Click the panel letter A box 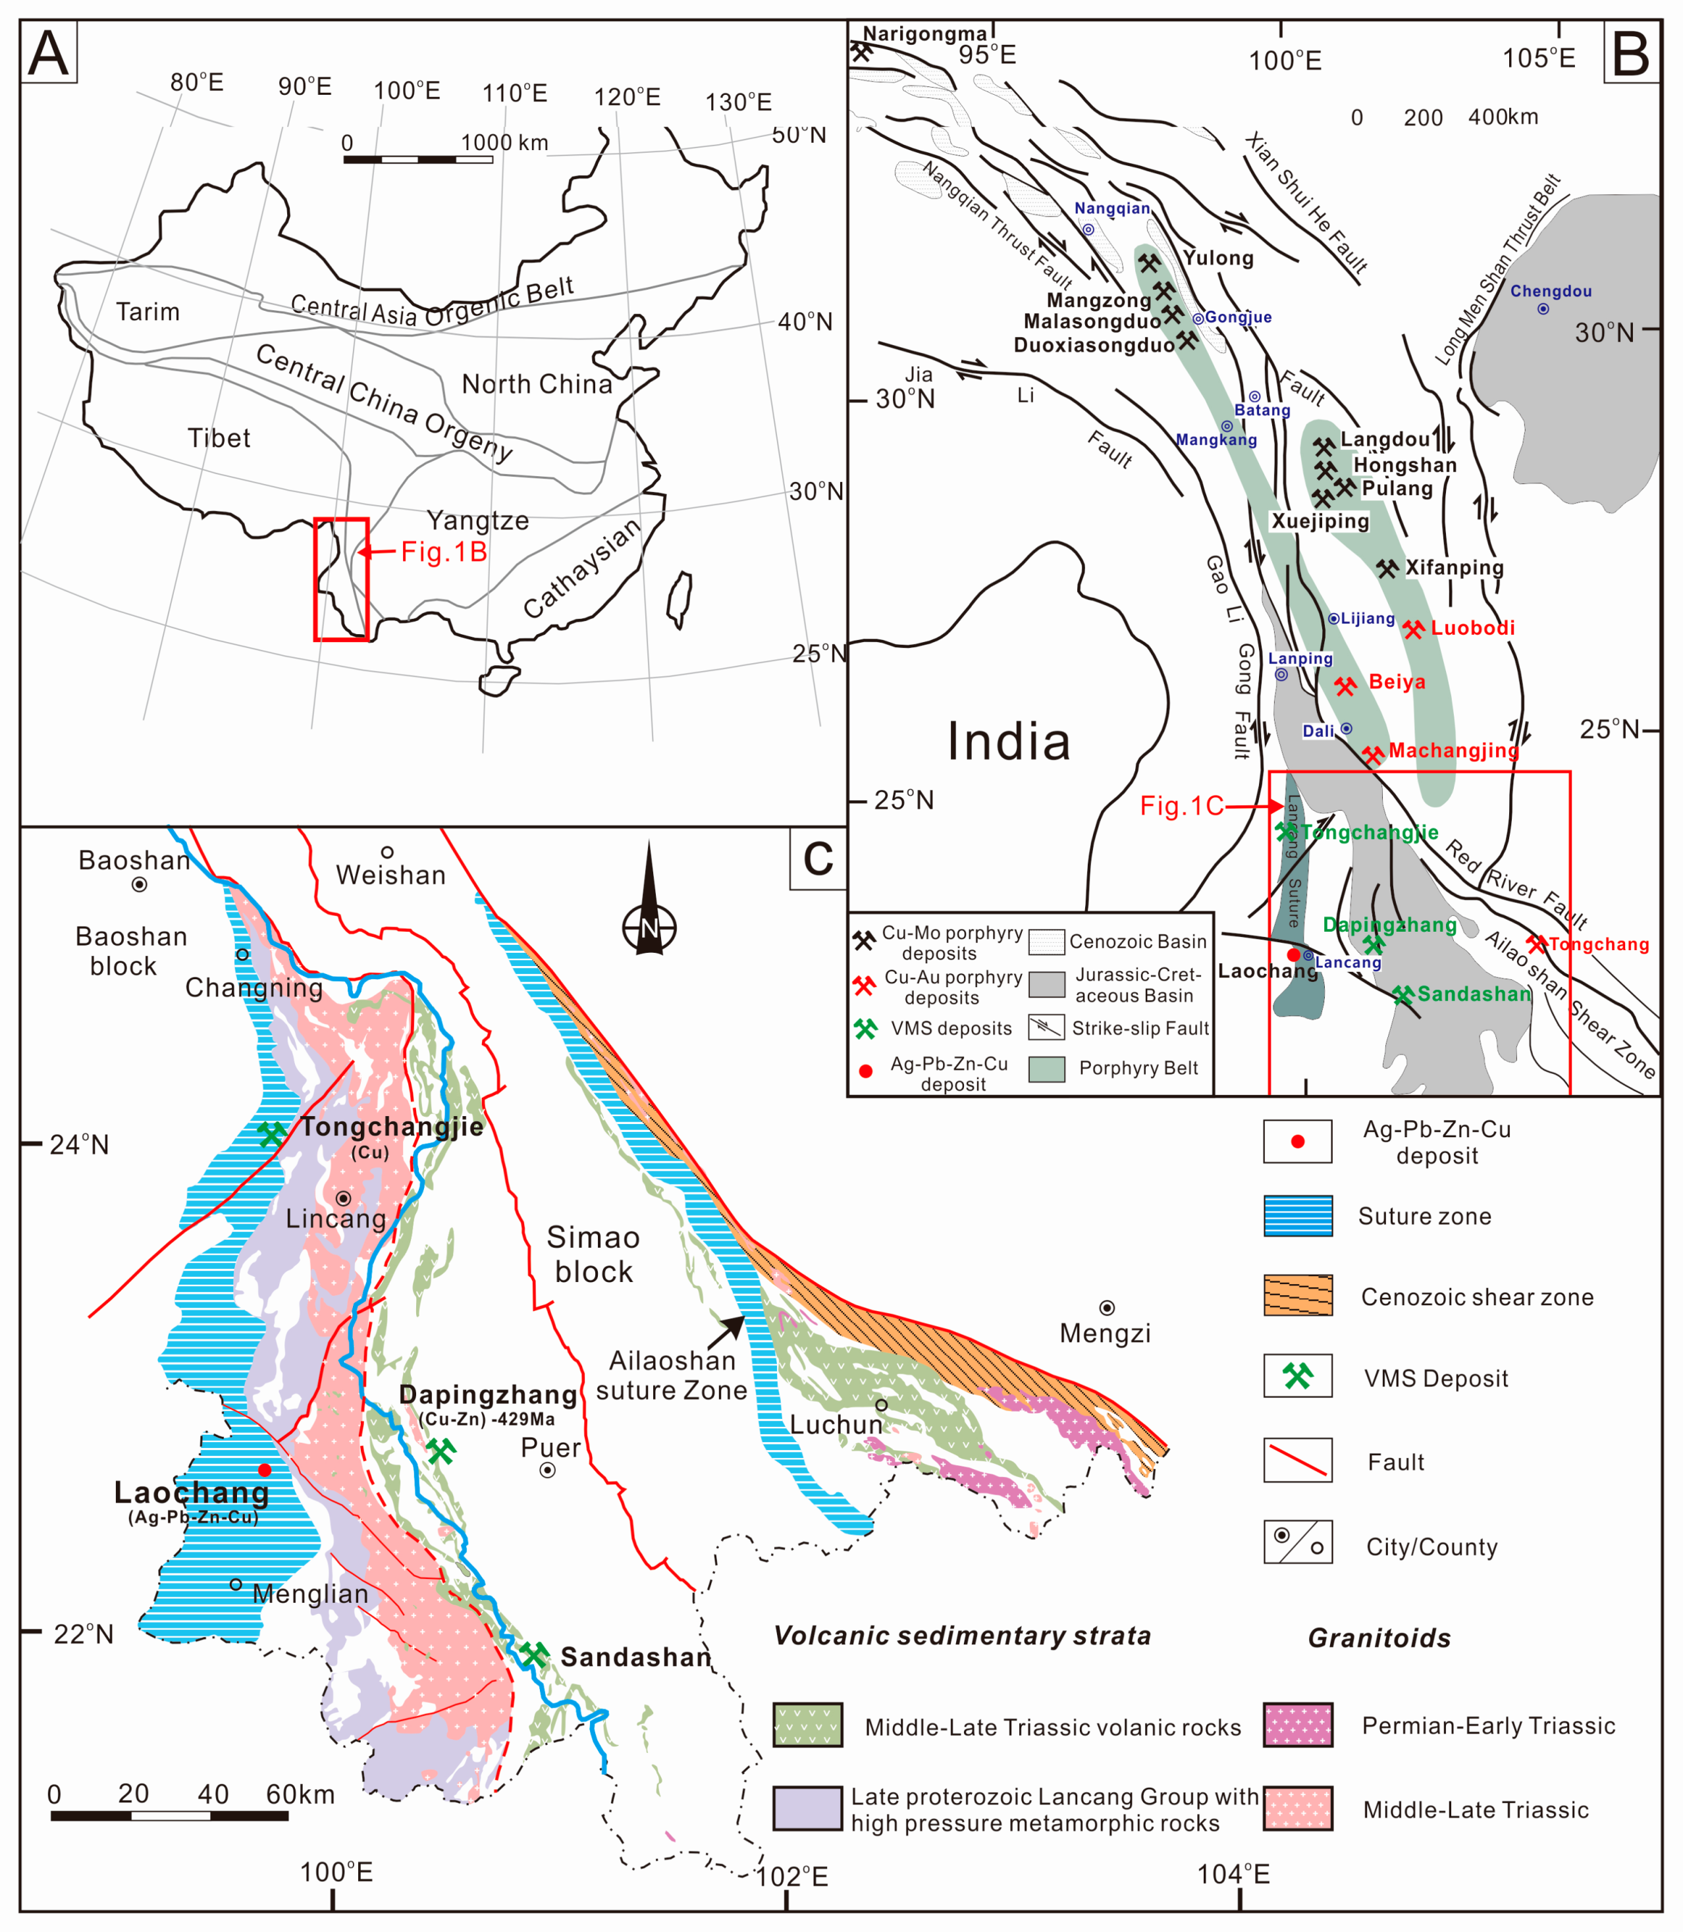click(48, 53)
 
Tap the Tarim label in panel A click(147, 312)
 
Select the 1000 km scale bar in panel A click(418, 159)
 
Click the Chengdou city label click(1551, 291)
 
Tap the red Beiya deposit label click(1397, 682)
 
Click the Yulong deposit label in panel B click(1218, 258)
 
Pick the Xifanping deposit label click(1454, 568)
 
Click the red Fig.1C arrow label click(1181, 806)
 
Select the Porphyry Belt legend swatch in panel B click(1046, 1069)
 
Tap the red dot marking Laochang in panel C click(265, 1470)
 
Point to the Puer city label click(550, 1447)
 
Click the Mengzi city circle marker click(1108, 1308)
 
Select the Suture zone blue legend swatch click(1297, 1216)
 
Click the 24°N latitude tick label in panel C click(79, 1145)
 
